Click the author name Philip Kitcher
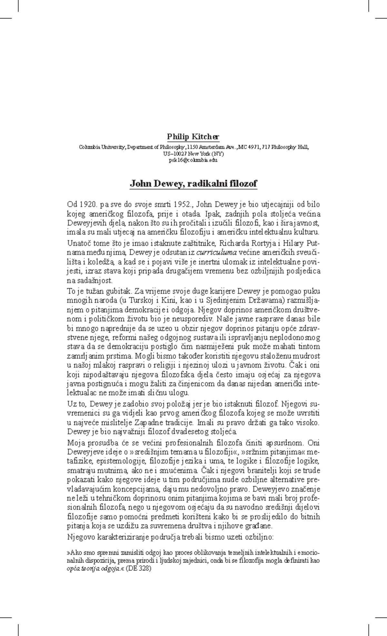193,137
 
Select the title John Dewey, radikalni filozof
193,184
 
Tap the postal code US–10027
175,154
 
